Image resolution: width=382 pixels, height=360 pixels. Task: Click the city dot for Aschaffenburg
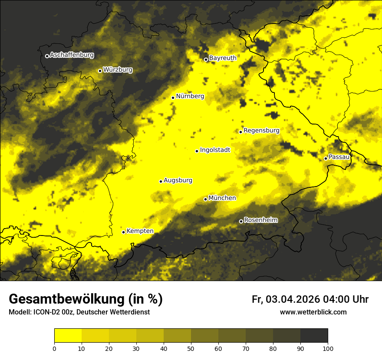(x=47, y=56)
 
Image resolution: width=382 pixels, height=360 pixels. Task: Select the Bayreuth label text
(x=223, y=58)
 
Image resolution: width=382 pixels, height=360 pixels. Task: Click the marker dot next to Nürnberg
(x=173, y=98)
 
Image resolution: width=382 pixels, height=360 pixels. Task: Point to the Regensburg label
(x=261, y=130)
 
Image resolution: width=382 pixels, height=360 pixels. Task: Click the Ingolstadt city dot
(x=197, y=151)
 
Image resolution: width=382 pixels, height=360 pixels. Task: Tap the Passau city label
(x=339, y=157)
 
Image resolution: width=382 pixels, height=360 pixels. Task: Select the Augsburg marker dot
(x=161, y=181)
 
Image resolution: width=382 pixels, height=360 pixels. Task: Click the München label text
(x=222, y=198)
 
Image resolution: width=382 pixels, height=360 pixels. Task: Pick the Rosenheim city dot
(x=241, y=221)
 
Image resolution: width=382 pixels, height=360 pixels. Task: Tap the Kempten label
(x=140, y=231)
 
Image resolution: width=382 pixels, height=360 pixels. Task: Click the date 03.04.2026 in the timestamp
(x=293, y=299)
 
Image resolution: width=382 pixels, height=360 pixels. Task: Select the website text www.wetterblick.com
(x=313, y=312)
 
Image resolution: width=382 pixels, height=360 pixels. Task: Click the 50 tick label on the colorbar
(x=191, y=348)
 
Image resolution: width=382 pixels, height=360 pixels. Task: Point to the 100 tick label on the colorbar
(x=328, y=348)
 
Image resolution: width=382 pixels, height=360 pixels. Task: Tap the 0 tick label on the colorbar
(x=54, y=348)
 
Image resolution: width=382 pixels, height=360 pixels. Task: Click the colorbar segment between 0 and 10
(x=68, y=336)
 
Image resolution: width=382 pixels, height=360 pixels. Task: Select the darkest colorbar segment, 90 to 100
(x=314, y=336)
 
